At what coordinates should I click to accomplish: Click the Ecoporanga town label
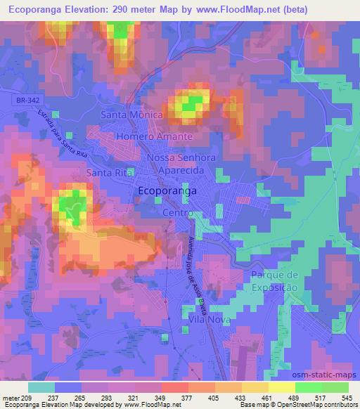166,190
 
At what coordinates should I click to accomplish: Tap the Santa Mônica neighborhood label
132,114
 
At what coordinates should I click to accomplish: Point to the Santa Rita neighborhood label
109,172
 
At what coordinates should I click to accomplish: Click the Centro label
176,212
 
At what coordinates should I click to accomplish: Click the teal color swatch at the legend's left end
41,387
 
